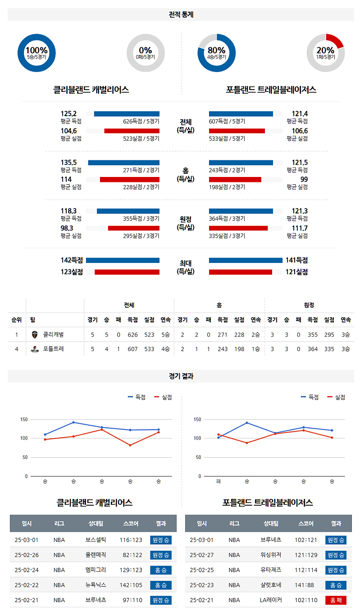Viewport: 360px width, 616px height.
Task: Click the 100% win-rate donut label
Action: click(36, 50)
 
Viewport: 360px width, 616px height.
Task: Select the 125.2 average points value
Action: click(68, 113)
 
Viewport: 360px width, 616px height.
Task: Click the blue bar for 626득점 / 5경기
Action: click(127, 114)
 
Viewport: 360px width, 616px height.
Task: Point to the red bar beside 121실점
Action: click(241, 272)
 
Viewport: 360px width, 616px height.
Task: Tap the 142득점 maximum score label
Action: click(72, 260)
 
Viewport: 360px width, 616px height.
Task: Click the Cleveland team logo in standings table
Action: click(35, 335)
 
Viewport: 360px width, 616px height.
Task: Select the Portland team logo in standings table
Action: click(35, 349)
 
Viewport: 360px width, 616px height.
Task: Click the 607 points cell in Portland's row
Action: click(132, 349)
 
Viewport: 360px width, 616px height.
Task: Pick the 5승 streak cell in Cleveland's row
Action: click(165, 335)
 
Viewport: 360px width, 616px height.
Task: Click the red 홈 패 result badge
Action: click(336, 600)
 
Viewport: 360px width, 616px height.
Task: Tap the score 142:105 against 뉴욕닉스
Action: click(131, 585)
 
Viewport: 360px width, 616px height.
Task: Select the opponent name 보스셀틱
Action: click(96, 539)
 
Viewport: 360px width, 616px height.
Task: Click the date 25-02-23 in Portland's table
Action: click(201, 585)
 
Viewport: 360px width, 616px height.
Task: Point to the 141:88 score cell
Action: click(305, 585)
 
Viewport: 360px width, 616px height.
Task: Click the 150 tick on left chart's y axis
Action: click(24, 419)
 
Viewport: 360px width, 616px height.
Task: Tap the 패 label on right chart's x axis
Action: click(218, 481)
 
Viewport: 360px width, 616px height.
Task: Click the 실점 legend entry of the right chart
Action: click(336, 397)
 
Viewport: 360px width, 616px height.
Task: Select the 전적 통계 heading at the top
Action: click(181, 14)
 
